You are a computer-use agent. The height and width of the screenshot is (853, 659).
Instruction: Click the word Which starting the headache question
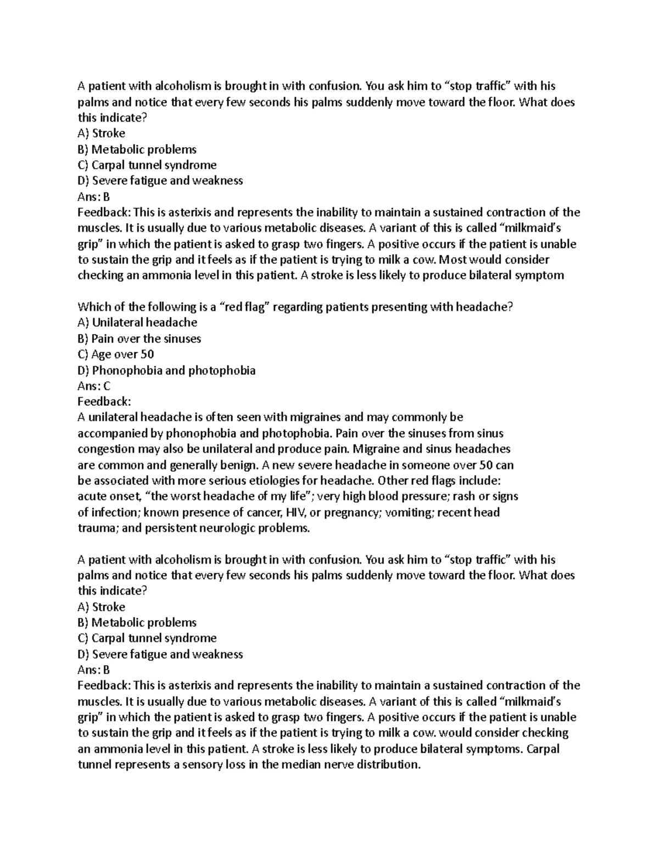pos(94,307)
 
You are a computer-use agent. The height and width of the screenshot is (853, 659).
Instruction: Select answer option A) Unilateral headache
pos(137,322)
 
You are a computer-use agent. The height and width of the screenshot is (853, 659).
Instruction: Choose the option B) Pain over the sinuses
pos(139,338)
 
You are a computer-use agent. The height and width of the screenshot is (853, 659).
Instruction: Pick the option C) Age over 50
pos(116,354)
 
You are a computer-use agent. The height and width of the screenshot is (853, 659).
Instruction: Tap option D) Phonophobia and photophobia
pos(166,370)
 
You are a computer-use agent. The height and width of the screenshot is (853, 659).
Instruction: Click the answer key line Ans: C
pos(94,386)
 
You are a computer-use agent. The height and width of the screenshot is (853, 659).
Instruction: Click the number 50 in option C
pos(147,354)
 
